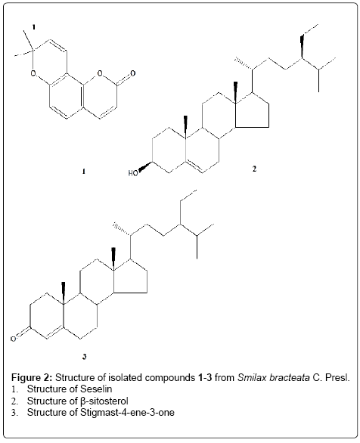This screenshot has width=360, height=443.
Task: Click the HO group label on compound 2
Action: coord(133,173)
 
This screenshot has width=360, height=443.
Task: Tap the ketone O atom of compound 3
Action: coord(13,339)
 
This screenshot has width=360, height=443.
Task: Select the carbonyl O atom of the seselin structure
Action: coord(132,73)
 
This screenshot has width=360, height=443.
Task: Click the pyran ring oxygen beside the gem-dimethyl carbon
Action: coord(33,74)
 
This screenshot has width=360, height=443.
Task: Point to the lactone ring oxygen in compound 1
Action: coord(100,74)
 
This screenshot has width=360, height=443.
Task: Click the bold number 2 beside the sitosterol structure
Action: coord(254,169)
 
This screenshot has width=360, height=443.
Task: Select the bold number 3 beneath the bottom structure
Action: coord(84,357)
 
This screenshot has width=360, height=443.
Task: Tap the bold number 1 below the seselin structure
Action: coord(83,171)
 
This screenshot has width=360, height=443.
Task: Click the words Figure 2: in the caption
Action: coord(32,377)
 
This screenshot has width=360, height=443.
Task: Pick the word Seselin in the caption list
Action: coord(96,389)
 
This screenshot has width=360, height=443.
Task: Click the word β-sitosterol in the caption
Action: coord(104,401)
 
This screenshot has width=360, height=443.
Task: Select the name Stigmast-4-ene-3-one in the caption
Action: coord(127,413)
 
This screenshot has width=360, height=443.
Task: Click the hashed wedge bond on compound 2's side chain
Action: coord(244,64)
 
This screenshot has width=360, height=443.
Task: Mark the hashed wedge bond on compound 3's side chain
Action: coord(122,229)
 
